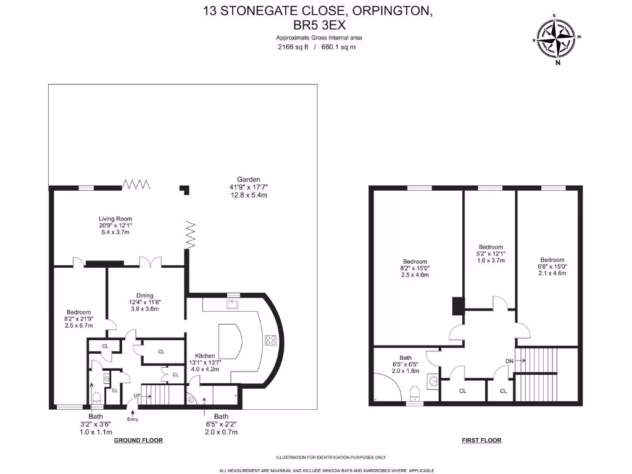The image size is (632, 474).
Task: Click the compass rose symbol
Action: click(557, 38)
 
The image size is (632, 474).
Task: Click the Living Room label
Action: click(115, 218)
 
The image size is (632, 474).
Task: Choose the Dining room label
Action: click(144, 296)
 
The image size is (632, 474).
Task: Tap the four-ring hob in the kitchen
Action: click(270, 339)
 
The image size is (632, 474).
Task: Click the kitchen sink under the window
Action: click(233, 304)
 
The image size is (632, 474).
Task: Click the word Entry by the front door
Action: click(133, 420)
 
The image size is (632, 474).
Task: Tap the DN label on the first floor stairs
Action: click(509, 361)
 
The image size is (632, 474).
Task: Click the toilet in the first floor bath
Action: click(415, 392)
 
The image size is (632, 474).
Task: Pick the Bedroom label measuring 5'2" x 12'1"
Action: click(491, 247)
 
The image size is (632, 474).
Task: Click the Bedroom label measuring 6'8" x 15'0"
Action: click(552, 260)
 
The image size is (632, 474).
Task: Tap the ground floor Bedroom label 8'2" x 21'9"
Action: click(79, 312)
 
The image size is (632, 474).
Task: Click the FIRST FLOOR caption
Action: click(481, 441)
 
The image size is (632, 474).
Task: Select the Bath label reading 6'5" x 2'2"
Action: click(221, 417)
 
